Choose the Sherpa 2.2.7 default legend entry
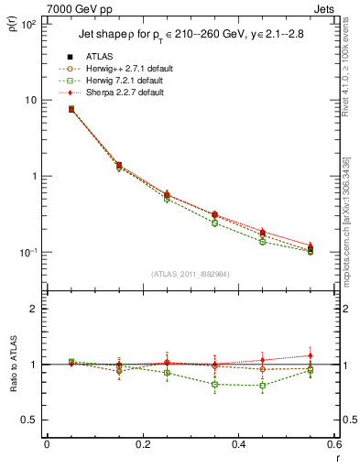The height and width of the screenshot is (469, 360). pos(125,93)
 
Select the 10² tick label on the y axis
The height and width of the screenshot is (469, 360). pos(28,25)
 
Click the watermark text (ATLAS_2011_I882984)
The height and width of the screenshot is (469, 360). pos(191,274)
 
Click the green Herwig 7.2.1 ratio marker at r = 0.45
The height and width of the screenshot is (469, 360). pos(263,385)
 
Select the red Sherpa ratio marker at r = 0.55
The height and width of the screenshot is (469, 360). pos(311,355)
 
